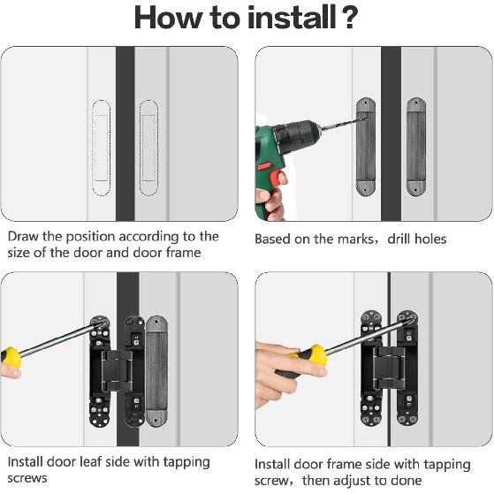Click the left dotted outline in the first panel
(103, 147)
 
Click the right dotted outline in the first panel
(148, 147)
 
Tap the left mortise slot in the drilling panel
(365, 147)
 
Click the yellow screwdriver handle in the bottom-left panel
(11, 358)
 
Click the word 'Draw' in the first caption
(24, 237)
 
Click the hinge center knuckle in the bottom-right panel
(388, 369)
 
